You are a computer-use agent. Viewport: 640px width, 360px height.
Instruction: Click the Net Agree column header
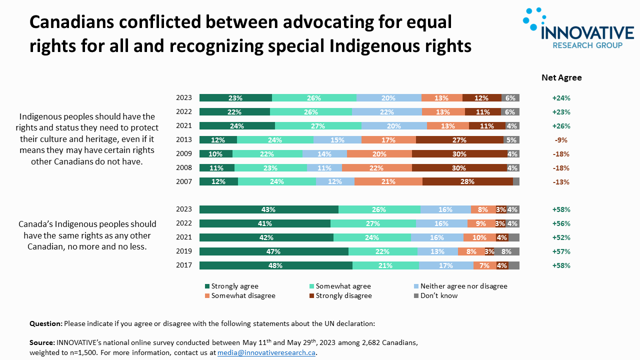[561, 77]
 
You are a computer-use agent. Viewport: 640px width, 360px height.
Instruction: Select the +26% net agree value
[561, 126]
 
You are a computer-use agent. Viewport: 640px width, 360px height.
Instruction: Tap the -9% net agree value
[560, 140]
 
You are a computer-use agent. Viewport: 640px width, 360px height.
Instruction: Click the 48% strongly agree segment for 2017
[275, 265]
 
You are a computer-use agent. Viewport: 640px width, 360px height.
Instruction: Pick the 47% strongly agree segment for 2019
[273, 251]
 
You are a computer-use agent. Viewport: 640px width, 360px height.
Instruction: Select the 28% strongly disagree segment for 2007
[467, 181]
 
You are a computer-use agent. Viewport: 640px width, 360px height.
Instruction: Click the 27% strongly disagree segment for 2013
[459, 140]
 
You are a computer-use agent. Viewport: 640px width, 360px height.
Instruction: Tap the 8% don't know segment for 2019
[506, 251]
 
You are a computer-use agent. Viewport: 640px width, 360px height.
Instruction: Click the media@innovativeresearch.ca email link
[266, 352]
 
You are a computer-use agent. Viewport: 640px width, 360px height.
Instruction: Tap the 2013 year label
[184, 140]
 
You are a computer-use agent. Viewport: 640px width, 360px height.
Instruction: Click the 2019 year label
[184, 251]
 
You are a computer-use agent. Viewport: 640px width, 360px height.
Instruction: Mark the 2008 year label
[184, 168]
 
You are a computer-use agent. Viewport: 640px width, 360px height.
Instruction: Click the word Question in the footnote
[45, 323]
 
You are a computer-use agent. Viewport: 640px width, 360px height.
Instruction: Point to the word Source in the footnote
[41, 343]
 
